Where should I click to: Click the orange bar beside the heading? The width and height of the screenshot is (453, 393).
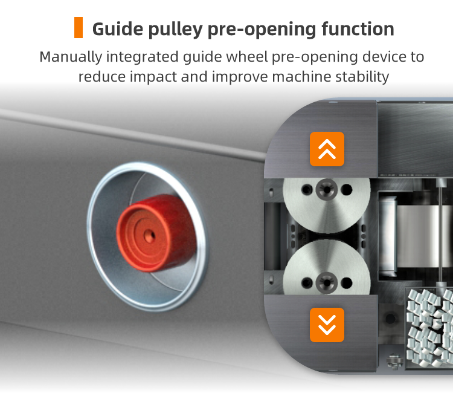79,27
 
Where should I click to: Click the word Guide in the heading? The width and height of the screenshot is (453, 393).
118,29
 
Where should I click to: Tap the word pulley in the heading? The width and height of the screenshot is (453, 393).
175,30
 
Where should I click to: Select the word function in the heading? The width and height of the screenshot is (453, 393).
358,29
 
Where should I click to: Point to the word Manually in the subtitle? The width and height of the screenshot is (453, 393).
71,57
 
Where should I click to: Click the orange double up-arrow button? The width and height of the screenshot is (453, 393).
327,149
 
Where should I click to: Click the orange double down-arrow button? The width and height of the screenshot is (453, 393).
327,325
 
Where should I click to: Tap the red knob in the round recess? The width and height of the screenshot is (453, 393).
156,233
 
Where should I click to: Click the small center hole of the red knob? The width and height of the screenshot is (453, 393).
149,236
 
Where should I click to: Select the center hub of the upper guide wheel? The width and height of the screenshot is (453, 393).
327,190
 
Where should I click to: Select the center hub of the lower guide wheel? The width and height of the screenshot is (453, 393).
327,283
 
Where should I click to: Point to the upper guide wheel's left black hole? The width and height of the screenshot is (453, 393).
306,190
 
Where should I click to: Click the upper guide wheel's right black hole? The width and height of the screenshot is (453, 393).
347,190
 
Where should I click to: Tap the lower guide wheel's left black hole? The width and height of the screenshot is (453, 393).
306,283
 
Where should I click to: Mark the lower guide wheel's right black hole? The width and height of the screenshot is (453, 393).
347,283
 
